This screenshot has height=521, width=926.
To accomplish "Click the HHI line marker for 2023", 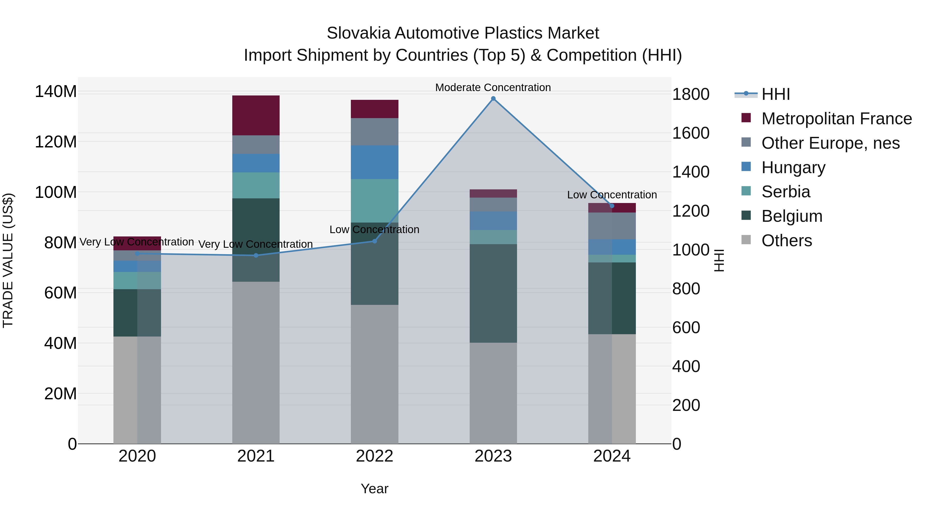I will pyautogui.click(x=493, y=99).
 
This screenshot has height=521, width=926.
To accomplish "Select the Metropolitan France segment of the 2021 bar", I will pyautogui.click(x=256, y=116).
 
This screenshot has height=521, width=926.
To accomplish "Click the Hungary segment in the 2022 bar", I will pyautogui.click(x=375, y=162).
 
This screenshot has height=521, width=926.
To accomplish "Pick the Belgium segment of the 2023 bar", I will pyautogui.click(x=493, y=293).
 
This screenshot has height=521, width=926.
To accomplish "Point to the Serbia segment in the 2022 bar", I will pyautogui.click(x=375, y=201).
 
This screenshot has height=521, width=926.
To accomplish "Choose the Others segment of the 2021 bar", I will pyautogui.click(x=256, y=363).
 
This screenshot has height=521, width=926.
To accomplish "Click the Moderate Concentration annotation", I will pyautogui.click(x=493, y=87).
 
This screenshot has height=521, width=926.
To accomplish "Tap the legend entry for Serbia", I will pyautogui.click(x=786, y=192).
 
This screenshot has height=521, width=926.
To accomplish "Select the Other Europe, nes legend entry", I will pyautogui.click(x=830, y=143).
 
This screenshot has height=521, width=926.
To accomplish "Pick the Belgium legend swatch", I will pyautogui.click(x=746, y=216).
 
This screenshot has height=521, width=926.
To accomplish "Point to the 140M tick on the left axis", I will pyautogui.click(x=56, y=92).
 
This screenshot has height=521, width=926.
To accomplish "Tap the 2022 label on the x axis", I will pyautogui.click(x=375, y=456).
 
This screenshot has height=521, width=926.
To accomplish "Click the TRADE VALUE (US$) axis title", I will pyautogui.click(x=8, y=260).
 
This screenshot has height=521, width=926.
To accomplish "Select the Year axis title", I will pyautogui.click(x=375, y=489).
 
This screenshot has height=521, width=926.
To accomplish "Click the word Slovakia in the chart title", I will pyautogui.click(x=358, y=33).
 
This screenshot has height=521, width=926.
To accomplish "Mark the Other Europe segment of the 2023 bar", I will pyautogui.click(x=493, y=205).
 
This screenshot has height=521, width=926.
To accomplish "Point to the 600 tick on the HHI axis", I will pyautogui.click(x=686, y=328).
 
